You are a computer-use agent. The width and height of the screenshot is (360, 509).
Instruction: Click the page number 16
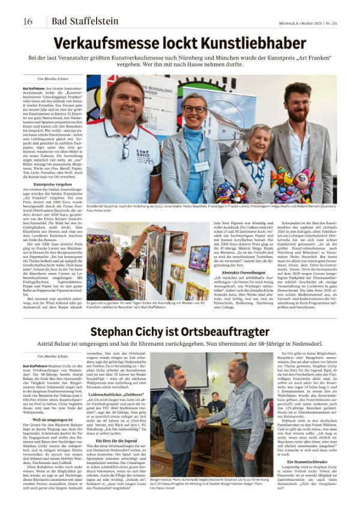(28, 22)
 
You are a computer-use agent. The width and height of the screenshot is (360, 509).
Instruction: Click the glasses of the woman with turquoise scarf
(196, 109)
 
